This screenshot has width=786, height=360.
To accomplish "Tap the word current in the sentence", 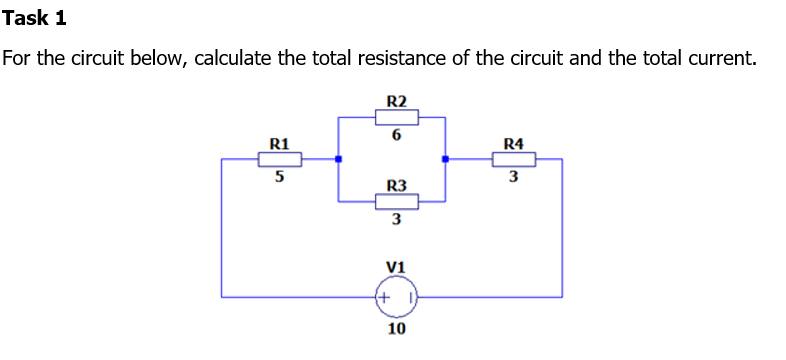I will click(715, 57).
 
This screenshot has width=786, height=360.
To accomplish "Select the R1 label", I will click(280, 143).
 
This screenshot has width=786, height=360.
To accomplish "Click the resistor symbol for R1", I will click(280, 158).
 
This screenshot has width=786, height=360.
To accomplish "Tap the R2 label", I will click(396, 101).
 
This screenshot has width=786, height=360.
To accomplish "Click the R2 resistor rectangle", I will click(396, 117).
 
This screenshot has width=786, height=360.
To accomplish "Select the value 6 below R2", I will click(396, 136).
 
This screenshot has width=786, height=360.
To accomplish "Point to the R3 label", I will click(396, 185).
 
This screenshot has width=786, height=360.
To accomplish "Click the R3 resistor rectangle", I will click(396, 201).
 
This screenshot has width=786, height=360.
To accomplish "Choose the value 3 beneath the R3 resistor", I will click(396, 220).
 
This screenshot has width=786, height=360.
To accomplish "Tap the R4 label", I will click(513, 143).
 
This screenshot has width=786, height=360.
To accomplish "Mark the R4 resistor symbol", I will click(513, 158).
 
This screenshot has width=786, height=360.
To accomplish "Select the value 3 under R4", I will click(513, 178).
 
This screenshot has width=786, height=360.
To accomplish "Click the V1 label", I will click(395, 267).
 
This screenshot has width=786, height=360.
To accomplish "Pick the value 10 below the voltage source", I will click(396, 328).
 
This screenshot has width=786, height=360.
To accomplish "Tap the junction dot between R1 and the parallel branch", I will click(338, 158).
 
